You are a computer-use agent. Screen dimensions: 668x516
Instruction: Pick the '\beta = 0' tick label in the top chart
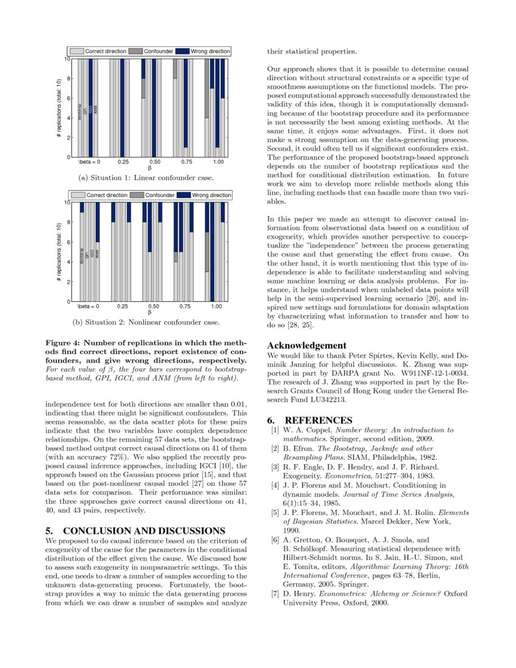point(89,163)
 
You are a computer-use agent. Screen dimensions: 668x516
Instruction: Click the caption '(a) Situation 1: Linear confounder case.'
point(146,178)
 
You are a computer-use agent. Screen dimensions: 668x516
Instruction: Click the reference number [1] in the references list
point(276,430)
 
